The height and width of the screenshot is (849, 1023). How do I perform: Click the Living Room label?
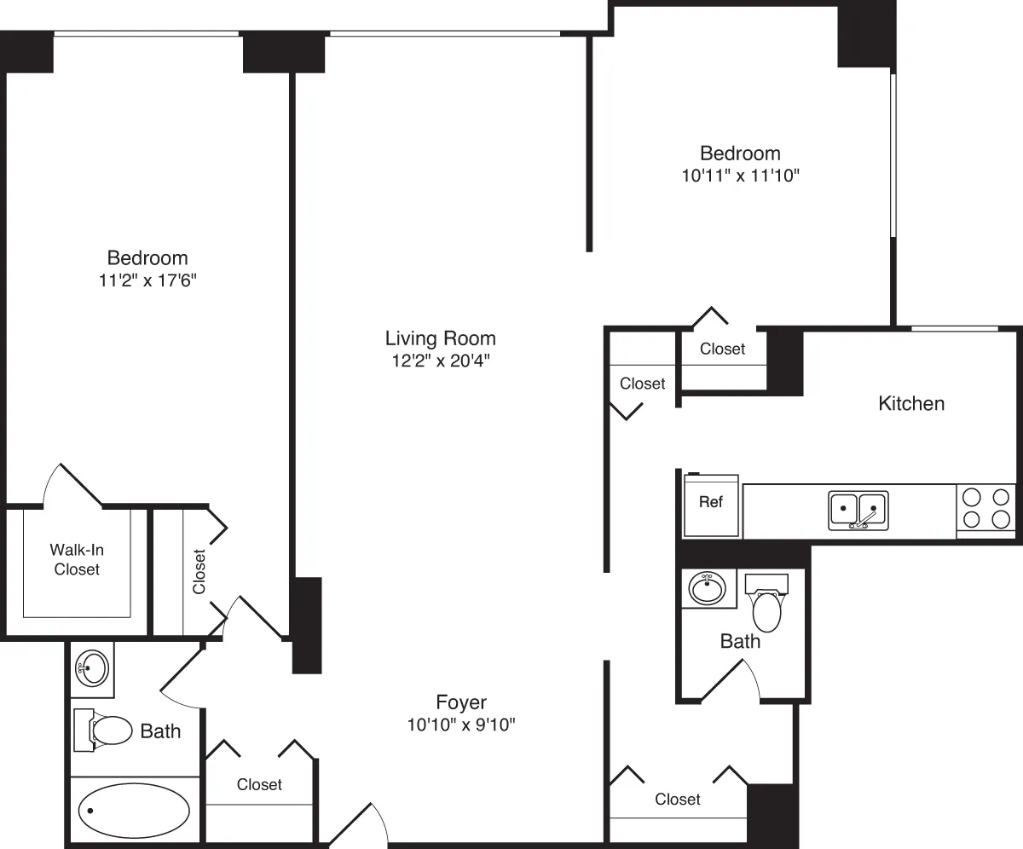coord(440,338)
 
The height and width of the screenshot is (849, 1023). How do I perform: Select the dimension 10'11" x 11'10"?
coord(740,176)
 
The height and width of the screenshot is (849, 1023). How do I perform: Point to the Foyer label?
coord(461,702)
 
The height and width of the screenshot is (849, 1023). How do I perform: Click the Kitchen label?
coord(911,403)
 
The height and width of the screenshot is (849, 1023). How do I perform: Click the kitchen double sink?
coord(858,510)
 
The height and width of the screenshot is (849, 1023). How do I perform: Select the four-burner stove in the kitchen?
coord(985,508)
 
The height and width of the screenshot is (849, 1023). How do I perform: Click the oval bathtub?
coord(134,811)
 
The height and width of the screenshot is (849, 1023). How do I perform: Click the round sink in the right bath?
coord(707,588)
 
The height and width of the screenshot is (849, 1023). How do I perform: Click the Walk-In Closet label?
coord(77,559)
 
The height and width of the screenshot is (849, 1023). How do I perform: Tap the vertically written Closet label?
coord(199,571)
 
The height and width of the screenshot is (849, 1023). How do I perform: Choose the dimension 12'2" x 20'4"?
coord(440,361)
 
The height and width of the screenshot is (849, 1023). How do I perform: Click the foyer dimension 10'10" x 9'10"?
coord(461,725)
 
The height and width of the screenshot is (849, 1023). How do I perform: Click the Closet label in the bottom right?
coord(678,799)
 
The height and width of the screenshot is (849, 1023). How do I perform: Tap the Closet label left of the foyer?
coord(259,784)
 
